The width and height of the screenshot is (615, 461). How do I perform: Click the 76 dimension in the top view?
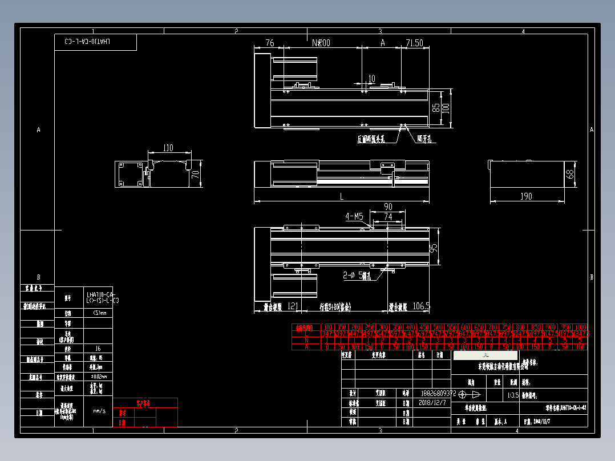pos(270,43)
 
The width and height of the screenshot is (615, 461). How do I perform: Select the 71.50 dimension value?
pos(415,43)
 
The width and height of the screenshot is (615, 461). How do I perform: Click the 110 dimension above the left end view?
pos(168,148)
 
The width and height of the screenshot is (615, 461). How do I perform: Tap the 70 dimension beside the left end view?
pos(195,174)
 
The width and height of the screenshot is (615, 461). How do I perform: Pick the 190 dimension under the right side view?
pos(526,196)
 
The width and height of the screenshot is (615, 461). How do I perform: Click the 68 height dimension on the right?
pos(569,174)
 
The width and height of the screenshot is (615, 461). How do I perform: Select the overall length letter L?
pos(341,196)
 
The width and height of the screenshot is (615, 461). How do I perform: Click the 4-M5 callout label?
pos(354,216)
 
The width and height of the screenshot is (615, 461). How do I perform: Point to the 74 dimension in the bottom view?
pos(388,216)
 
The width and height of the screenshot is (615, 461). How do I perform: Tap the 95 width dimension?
pos(434,249)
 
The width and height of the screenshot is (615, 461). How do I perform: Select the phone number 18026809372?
pos(438,393)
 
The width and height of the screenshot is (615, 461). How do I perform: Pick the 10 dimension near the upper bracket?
pos(371,78)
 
